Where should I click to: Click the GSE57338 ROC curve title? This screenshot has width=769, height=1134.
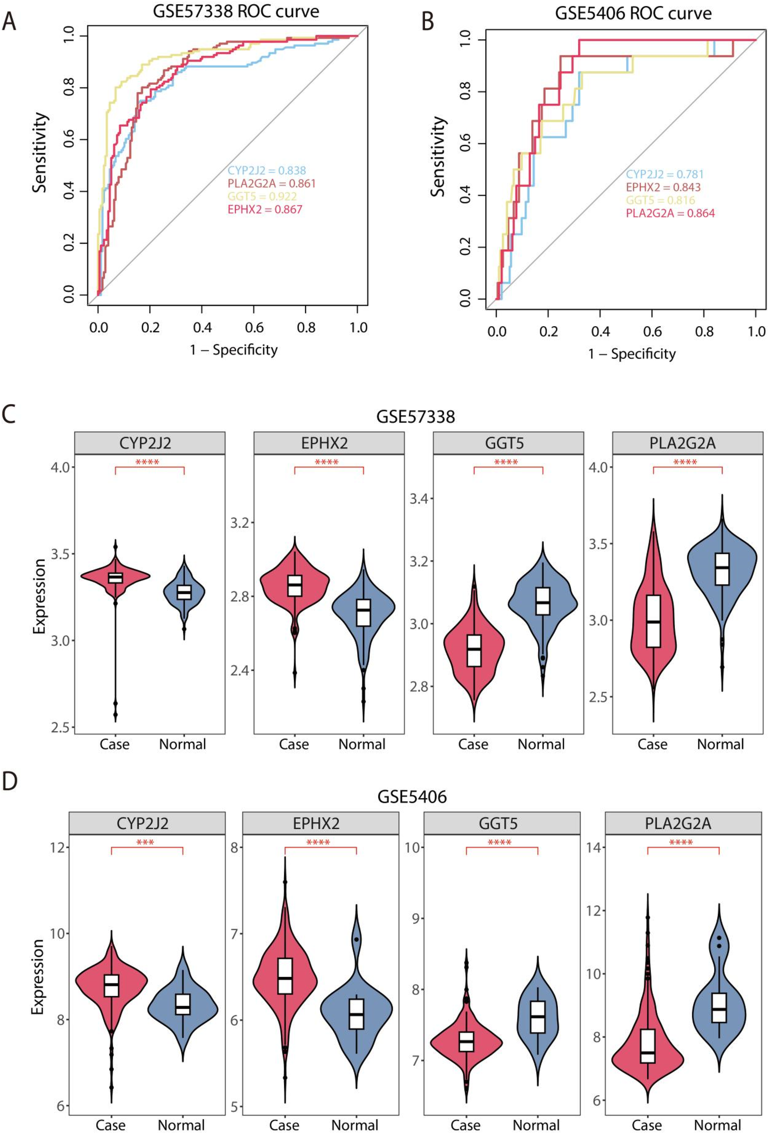point(236,12)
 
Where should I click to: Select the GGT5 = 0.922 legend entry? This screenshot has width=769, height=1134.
point(262,196)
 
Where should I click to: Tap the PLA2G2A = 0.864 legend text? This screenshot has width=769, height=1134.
point(670,213)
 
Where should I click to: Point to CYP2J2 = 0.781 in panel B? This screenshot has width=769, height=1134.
point(664,174)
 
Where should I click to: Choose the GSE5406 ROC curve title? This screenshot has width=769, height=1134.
point(633,13)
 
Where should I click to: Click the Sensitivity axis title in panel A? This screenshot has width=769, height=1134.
point(40,153)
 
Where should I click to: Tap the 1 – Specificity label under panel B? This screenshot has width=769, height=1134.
point(631,354)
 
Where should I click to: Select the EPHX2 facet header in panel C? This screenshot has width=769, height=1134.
point(329,443)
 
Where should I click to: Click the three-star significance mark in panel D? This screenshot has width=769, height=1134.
point(145,843)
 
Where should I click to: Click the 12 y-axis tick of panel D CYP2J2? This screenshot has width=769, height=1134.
point(59,847)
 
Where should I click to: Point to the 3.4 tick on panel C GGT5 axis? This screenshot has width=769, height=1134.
point(419,499)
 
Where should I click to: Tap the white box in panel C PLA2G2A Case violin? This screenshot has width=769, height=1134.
point(654,620)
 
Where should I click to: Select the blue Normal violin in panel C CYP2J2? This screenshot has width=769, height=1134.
point(184,592)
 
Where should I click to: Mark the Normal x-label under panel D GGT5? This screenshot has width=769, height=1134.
point(536,1125)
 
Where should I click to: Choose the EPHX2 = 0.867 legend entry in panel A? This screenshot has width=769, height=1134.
point(265,210)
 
